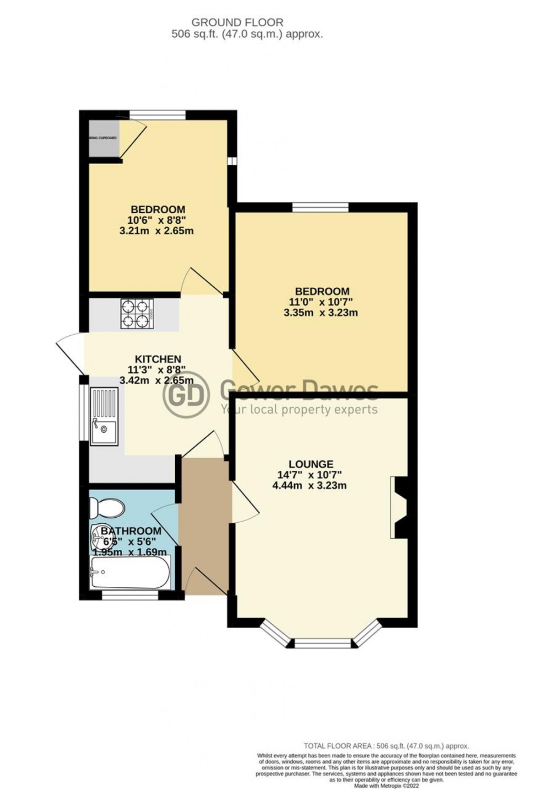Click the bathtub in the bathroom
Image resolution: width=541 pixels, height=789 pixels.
point(130,572)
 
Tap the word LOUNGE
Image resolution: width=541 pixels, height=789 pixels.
point(311,464)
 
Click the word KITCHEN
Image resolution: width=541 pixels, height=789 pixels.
point(158,359)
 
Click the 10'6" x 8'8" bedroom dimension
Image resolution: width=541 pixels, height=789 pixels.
point(157,220)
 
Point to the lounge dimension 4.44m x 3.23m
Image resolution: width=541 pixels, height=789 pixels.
point(310,486)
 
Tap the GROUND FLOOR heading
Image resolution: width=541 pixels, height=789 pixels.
point(237,23)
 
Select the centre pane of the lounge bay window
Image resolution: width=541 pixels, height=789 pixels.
point(322,643)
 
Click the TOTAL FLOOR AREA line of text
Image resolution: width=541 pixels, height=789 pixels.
point(386,745)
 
